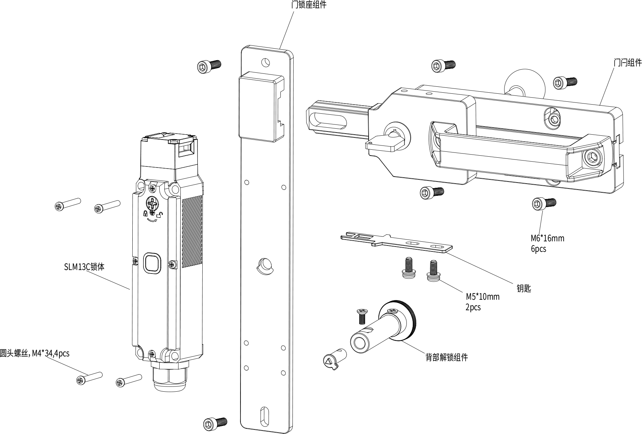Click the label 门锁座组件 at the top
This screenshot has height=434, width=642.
[309, 5]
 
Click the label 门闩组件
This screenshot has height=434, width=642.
[628, 63]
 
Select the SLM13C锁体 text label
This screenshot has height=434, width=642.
[84, 267]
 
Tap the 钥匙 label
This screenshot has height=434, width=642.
[524, 288]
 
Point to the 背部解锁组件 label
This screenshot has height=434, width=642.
[447, 357]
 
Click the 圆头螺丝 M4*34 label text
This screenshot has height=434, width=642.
[35, 354]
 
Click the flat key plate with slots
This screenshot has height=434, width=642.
[396, 242]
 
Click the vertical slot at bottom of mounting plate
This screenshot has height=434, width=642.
[263, 415]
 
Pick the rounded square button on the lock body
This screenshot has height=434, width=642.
[152, 262]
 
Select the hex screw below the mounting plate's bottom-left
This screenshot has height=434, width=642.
[215, 424]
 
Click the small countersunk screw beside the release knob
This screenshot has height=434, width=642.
[362, 316]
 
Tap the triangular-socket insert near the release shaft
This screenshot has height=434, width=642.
[334, 359]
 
